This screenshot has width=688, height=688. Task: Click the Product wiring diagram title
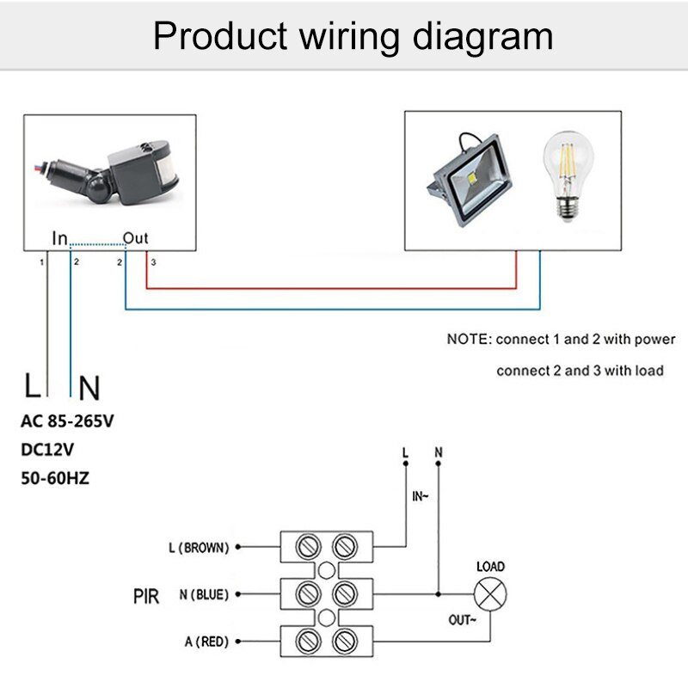click(x=353, y=37)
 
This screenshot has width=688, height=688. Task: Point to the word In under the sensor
click(x=59, y=237)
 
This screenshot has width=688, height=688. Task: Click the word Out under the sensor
click(x=137, y=237)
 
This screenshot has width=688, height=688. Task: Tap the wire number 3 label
click(x=153, y=261)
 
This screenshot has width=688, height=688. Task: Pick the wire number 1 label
click(x=40, y=261)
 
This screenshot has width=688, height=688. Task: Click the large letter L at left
click(x=33, y=387)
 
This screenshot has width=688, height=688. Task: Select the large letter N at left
click(x=89, y=389)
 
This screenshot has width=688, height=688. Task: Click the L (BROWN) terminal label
click(x=199, y=546)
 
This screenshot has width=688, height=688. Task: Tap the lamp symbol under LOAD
click(x=490, y=594)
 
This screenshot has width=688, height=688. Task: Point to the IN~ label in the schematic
click(x=421, y=496)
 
